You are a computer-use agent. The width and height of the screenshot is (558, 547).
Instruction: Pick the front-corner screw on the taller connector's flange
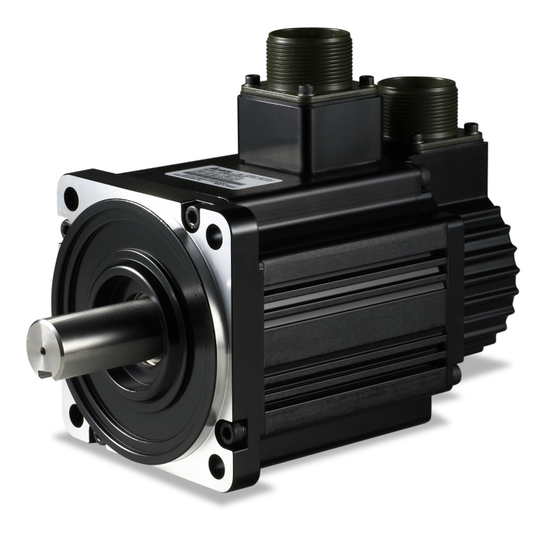click(x=305, y=89)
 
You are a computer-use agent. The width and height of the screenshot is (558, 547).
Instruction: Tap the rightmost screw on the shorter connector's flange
click(x=472, y=129)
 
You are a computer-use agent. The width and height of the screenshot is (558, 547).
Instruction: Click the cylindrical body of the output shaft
click(x=105, y=332)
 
